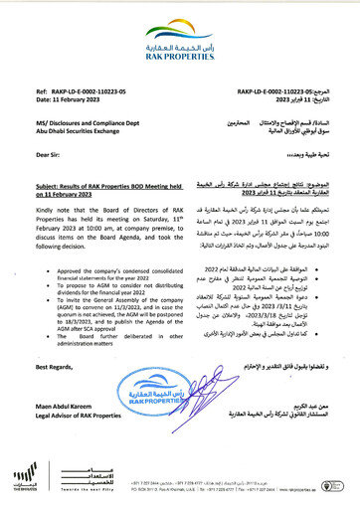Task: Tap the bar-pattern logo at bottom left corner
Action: point(20,477)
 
